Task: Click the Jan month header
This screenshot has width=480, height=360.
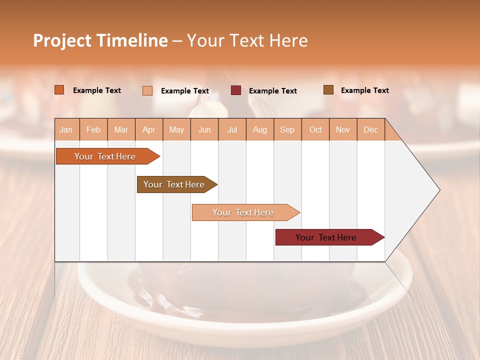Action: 66,129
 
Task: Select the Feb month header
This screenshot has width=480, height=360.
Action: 93,129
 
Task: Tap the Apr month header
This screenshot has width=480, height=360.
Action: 148,129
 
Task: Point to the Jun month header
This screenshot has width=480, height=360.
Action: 204,129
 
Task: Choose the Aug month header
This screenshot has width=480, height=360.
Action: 259,129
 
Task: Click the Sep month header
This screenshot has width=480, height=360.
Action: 287,129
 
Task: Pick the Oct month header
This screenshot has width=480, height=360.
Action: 315,129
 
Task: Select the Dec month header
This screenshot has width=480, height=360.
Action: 370,129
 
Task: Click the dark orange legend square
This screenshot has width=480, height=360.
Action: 59,90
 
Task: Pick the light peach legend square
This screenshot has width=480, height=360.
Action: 147,90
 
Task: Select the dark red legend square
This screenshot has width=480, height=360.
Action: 236,90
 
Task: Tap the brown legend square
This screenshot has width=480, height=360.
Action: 328,90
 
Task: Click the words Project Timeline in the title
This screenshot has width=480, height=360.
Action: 100,40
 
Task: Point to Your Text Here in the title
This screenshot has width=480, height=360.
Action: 247,40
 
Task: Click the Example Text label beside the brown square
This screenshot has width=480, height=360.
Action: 364,90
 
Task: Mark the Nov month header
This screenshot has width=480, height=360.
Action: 343,129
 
